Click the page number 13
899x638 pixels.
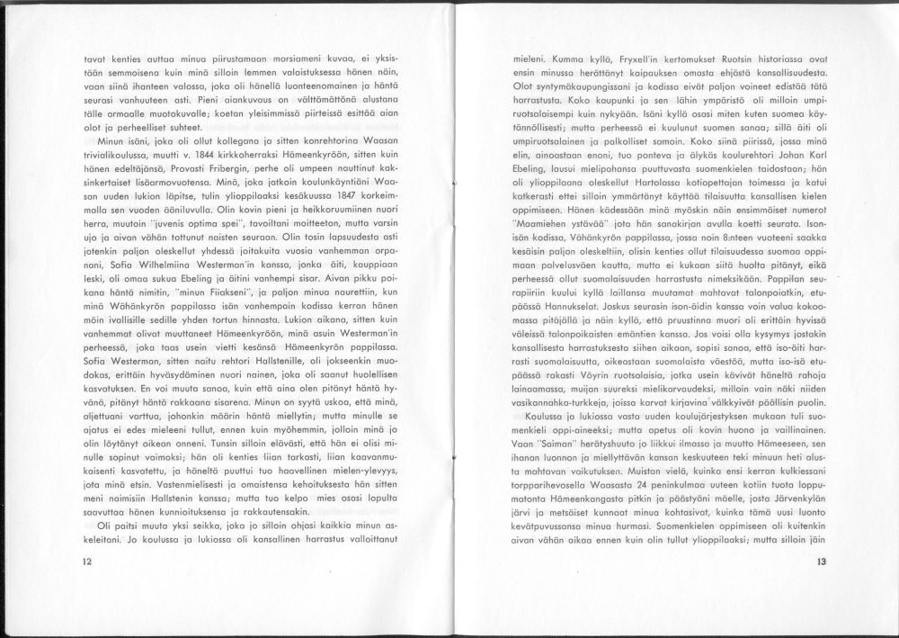click(821, 562)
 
